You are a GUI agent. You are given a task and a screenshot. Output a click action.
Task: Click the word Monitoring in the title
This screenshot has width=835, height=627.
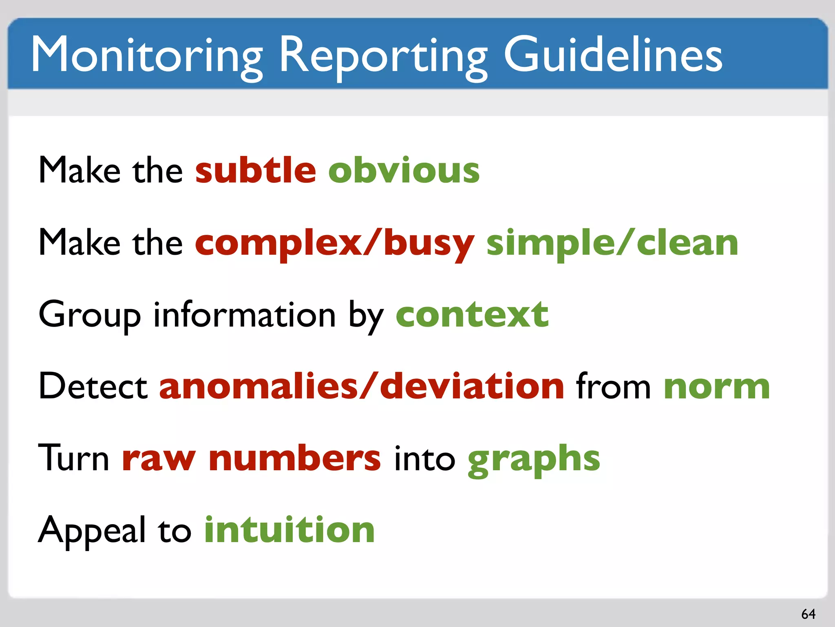coord(147,55)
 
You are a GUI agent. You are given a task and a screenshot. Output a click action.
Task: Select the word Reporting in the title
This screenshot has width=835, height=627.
coord(383,55)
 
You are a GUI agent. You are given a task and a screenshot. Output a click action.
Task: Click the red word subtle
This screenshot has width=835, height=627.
coord(256,170)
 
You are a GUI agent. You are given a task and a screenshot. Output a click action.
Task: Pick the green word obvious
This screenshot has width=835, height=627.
coord(404,170)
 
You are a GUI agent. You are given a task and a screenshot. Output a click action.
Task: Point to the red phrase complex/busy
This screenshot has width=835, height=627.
coord(335,243)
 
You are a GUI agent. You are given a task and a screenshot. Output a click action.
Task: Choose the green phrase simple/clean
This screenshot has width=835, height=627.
coord(612,243)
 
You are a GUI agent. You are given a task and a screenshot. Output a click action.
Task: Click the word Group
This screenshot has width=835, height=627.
coord(90,315)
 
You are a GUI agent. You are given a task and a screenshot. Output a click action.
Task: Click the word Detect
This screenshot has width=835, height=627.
coord(93,386)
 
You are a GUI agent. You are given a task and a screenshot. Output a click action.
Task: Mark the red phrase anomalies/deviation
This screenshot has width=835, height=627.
coord(362,386)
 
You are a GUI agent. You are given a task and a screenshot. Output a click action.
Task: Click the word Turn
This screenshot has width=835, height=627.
coord(73,458)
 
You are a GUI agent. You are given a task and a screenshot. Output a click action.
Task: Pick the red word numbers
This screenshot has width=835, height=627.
coord(294,458)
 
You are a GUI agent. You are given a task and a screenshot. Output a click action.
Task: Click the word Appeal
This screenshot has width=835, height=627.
coord(92,530)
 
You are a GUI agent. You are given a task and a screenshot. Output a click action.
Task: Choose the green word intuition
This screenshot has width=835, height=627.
coord(289,529)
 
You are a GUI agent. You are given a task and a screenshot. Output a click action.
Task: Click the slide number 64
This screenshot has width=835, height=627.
coord(808,614)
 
